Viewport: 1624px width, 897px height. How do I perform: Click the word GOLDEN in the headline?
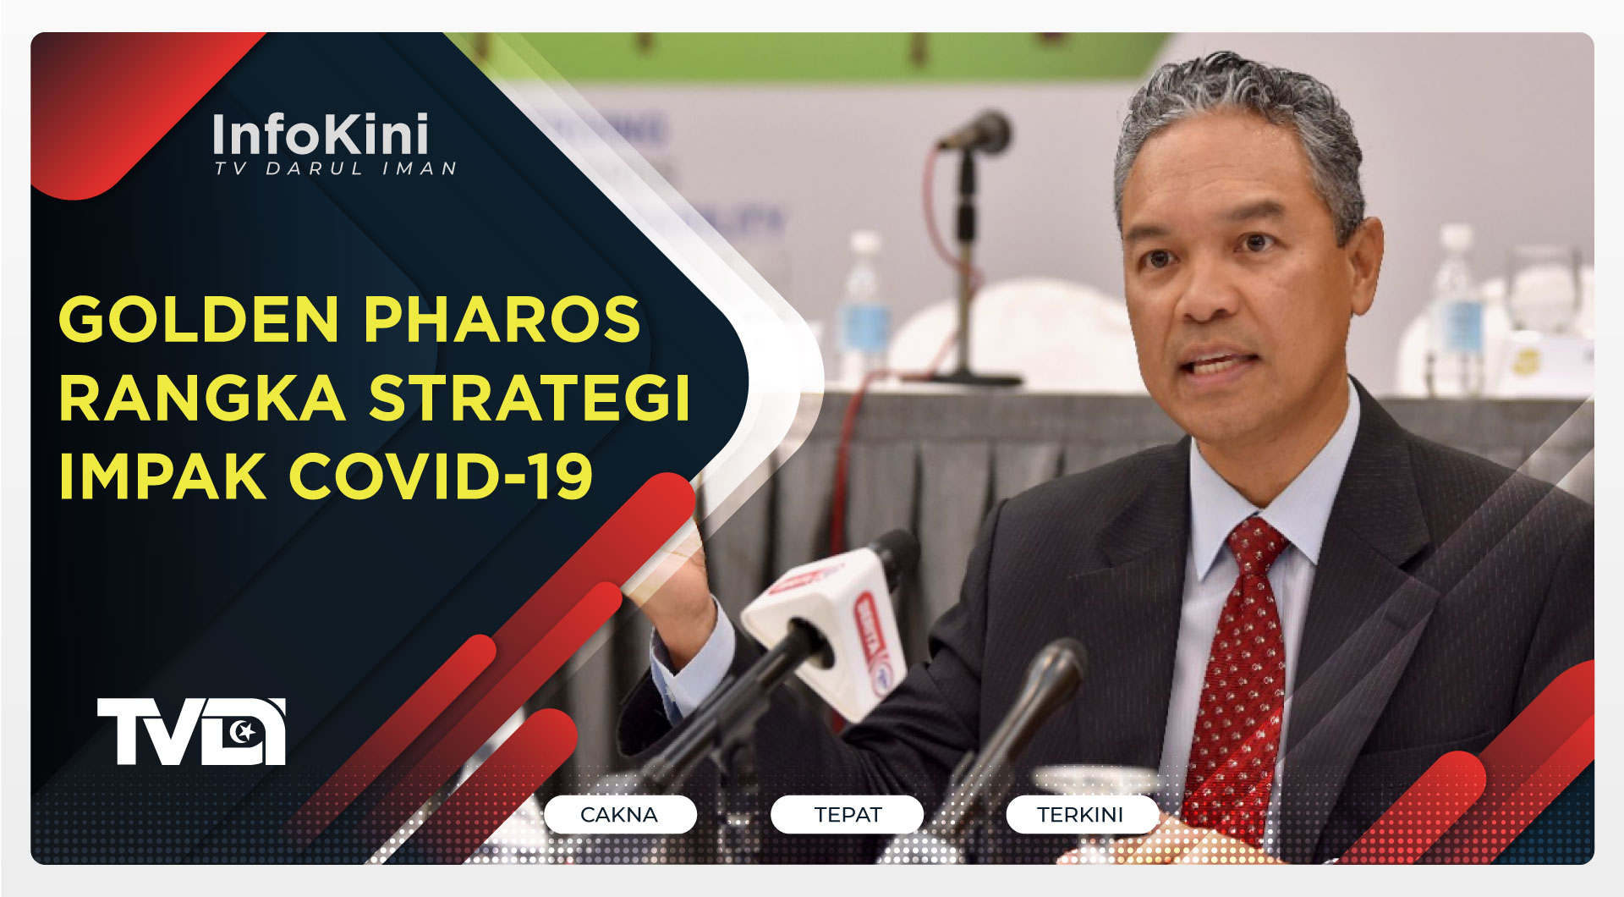click(x=199, y=320)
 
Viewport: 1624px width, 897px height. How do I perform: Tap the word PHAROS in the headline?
click(x=502, y=320)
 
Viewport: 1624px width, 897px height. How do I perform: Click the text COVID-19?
click(x=441, y=476)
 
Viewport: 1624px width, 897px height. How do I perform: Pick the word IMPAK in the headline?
click(x=162, y=476)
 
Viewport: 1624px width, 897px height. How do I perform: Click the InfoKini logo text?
click(x=321, y=135)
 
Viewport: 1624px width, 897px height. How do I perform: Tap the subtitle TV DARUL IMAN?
click(x=335, y=169)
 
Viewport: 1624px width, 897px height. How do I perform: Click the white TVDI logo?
click(x=191, y=731)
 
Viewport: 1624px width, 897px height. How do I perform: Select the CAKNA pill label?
click(x=619, y=815)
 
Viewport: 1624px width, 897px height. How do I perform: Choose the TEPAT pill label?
click(x=848, y=815)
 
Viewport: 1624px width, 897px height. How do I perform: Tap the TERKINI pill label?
click(x=1080, y=815)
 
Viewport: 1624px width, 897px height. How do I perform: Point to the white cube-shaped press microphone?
click(x=825, y=618)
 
